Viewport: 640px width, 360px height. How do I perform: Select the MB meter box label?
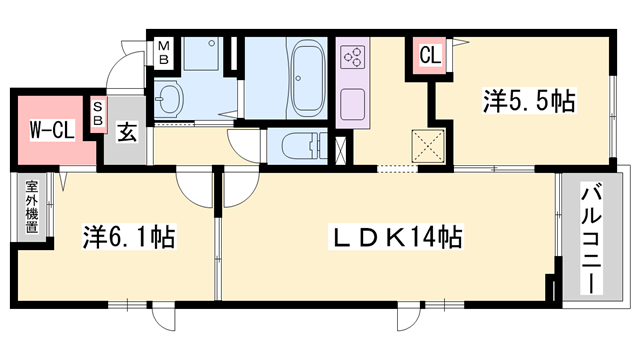click(162, 51)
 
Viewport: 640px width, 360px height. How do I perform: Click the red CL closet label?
click(428, 57)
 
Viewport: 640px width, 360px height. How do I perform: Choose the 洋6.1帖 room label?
click(128, 237)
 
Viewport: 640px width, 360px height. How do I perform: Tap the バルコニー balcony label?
click(589, 237)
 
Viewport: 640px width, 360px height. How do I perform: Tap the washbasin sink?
click(170, 99)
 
